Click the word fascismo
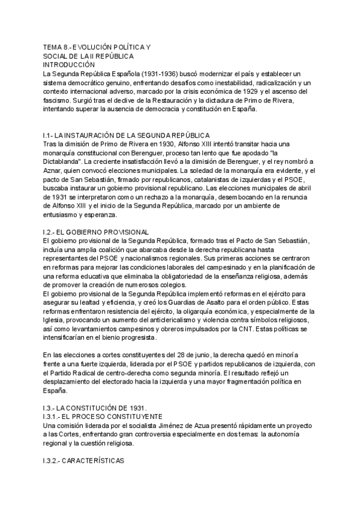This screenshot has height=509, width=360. [58, 100]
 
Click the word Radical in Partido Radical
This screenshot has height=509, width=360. [79, 373]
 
